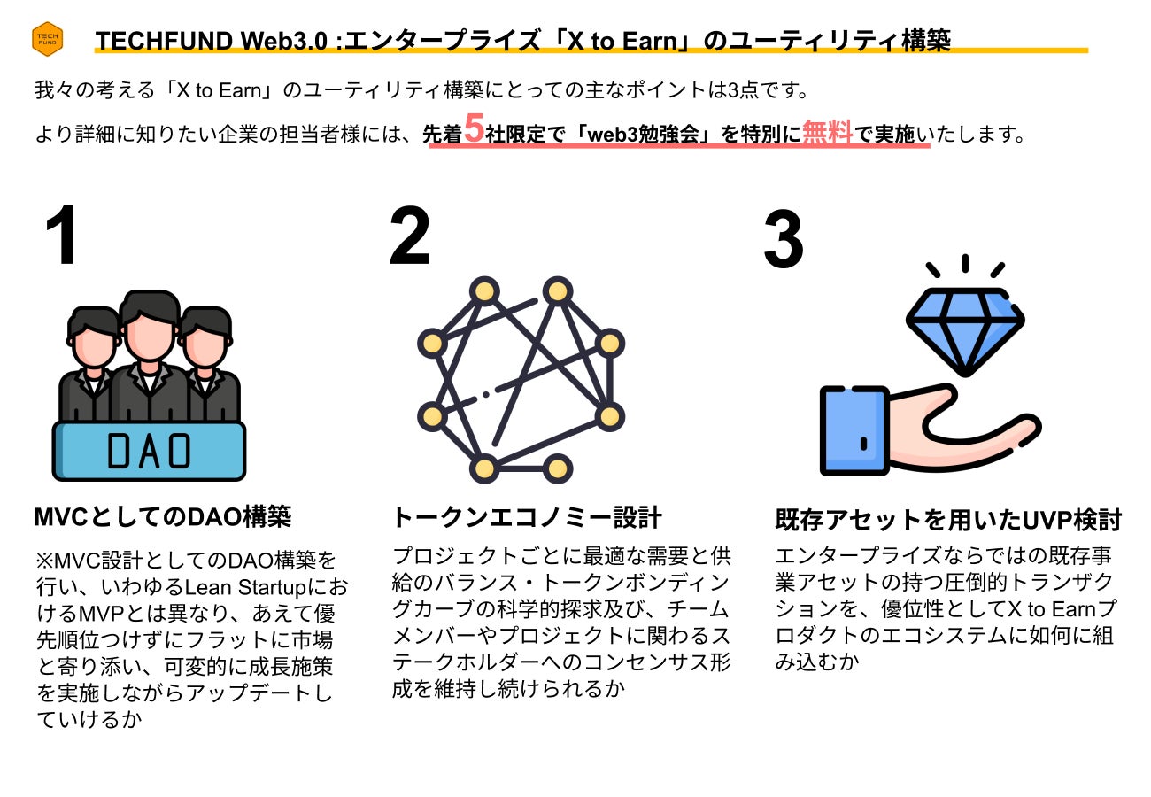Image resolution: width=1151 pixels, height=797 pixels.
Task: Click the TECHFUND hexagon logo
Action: point(46,39)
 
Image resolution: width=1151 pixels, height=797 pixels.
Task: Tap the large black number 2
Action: point(409,237)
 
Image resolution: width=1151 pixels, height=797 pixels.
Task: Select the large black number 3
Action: point(784,241)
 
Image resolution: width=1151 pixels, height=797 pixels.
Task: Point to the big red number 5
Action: point(474,130)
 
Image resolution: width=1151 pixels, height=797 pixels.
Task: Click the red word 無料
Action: point(827,133)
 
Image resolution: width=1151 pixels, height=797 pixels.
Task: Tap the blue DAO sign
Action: point(149,450)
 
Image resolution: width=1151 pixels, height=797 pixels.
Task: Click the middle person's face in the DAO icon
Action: point(149,342)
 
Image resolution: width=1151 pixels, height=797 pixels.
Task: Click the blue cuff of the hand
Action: point(854,430)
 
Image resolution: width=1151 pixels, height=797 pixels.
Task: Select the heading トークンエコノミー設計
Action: point(527,517)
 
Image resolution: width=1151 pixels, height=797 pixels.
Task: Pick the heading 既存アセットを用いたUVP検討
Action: point(948,520)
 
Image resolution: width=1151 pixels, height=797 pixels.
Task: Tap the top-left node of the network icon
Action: point(484,290)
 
